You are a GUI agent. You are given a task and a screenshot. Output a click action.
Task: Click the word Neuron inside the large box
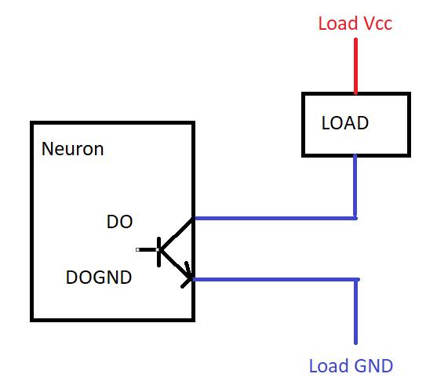tap(72, 149)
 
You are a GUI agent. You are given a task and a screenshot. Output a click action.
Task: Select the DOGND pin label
tap(99, 277)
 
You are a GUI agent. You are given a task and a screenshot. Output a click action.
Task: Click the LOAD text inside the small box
tap(345, 123)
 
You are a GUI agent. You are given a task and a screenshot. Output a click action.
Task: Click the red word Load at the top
tap(337, 24)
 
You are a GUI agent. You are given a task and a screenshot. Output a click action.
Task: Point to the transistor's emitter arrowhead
tap(187, 276)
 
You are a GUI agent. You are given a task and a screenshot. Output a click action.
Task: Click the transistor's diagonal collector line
tap(177, 234)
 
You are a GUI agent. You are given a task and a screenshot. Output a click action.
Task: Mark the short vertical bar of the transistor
tap(161, 250)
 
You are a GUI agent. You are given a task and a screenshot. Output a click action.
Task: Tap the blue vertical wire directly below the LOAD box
tap(356, 185)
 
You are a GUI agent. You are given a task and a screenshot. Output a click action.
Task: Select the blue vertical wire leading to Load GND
tap(356, 314)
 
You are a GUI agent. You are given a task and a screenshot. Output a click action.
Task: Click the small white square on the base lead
tap(138, 250)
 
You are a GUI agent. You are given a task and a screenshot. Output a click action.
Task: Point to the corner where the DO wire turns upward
tap(356, 217)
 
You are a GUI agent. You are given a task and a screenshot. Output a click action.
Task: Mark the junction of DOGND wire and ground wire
tap(356, 279)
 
